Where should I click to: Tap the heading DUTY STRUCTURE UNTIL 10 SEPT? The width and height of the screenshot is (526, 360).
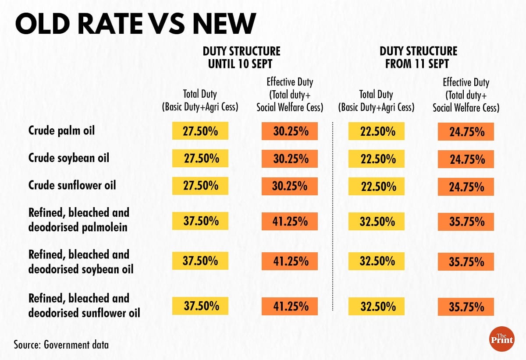pyautogui.click(x=241, y=57)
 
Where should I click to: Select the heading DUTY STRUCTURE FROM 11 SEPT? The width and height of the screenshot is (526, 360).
pyautogui.click(x=418, y=57)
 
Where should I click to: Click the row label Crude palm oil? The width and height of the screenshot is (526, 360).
pyautogui.click(x=61, y=131)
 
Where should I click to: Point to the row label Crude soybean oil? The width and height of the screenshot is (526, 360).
pyautogui.click(x=68, y=158)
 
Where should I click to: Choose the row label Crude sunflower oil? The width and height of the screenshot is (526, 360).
pyautogui.click(x=72, y=185)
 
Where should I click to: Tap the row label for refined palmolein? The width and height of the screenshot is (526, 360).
pyautogui.click(x=79, y=219)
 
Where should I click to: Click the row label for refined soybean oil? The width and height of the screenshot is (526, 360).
pyautogui.click(x=81, y=261)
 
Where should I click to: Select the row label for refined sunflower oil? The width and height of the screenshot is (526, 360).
pyautogui.click(x=84, y=305)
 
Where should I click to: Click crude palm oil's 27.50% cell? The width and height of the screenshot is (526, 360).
pyautogui.click(x=200, y=131)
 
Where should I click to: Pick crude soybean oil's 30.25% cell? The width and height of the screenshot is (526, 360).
pyautogui.click(x=289, y=159)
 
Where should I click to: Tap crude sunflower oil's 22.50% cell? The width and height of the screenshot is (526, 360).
pyautogui.click(x=377, y=186)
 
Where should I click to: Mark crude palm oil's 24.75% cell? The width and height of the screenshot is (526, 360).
pyautogui.click(x=466, y=131)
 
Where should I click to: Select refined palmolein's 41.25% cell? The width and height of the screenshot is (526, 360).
pyautogui.click(x=289, y=221)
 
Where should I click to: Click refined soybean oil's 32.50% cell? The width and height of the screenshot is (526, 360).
pyautogui.click(x=377, y=261)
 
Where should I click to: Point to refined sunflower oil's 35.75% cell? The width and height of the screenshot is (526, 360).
pyautogui.click(x=466, y=307)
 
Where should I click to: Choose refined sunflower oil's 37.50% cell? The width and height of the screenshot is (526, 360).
pyautogui.click(x=200, y=306)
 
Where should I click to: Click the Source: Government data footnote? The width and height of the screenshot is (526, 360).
pyautogui.click(x=61, y=344)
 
